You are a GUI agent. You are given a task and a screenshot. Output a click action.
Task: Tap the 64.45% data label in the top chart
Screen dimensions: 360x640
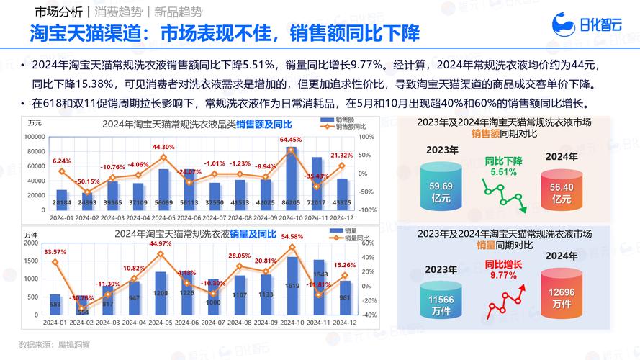tap(291, 140)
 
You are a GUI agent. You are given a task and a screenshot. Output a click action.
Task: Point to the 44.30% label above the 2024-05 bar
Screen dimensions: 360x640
tap(163, 147)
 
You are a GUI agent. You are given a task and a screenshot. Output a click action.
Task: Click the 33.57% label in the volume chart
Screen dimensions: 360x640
tap(55, 252)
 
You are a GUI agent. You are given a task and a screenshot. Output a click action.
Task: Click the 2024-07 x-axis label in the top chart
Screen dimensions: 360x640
tap(214, 218)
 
